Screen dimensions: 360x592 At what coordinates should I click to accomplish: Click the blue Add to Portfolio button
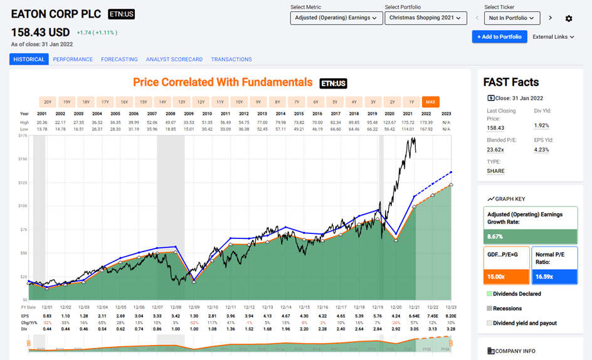coord(499,36)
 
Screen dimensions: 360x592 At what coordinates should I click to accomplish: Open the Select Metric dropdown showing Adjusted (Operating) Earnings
coord(336,18)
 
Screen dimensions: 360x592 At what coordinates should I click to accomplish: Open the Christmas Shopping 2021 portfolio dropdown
coord(426,18)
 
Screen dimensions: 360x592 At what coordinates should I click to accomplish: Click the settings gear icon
coord(569,19)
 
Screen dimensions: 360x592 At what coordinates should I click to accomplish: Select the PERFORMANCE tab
coord(73,60)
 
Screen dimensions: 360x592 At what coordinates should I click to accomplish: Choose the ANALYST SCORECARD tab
coord(174,60)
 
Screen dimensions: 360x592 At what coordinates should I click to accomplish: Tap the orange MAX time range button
coord(431,102)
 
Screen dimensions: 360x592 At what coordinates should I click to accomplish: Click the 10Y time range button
coord(239,102)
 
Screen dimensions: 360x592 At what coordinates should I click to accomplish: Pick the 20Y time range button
coord(48,102)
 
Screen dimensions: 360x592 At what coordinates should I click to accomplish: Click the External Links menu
coord(554,37)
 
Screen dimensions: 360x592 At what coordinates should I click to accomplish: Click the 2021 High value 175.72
coord(408,123)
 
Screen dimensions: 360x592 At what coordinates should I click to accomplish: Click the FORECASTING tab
coord(119,60)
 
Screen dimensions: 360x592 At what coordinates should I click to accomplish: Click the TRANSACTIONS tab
coord(231,60)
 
